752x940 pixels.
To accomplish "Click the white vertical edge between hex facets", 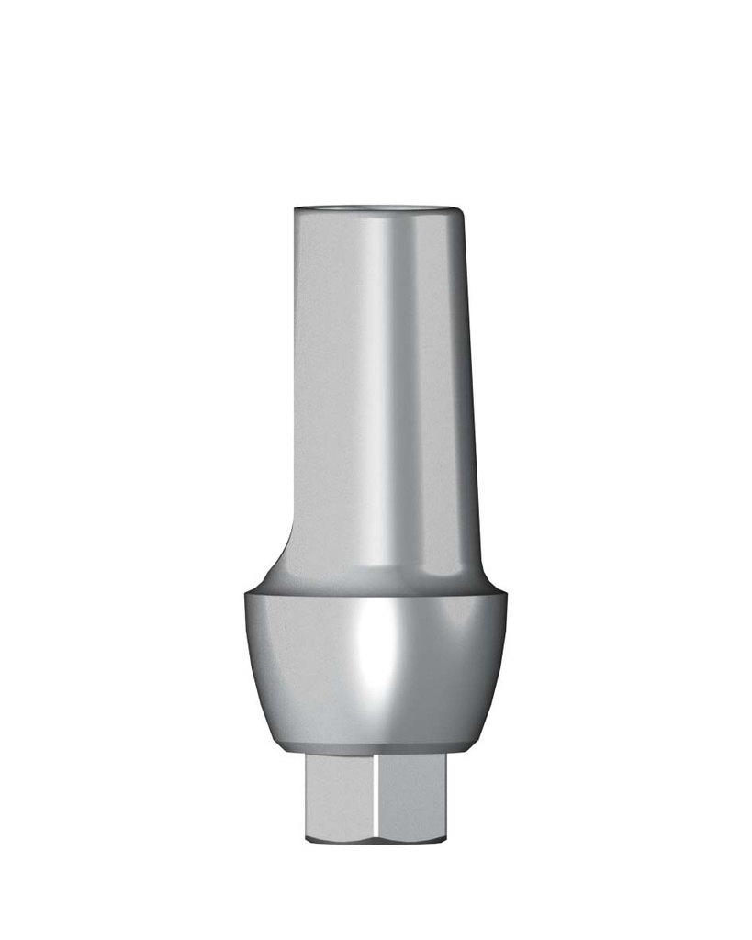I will tap(376, 794).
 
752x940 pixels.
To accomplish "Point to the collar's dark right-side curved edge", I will tap(494, 670).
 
